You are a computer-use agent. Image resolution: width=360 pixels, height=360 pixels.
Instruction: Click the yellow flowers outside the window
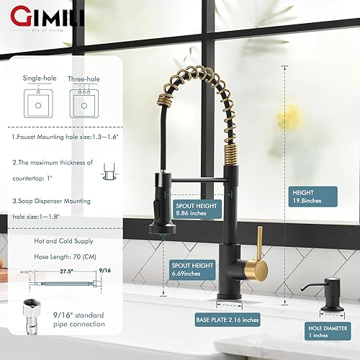(x=293, y=115)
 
